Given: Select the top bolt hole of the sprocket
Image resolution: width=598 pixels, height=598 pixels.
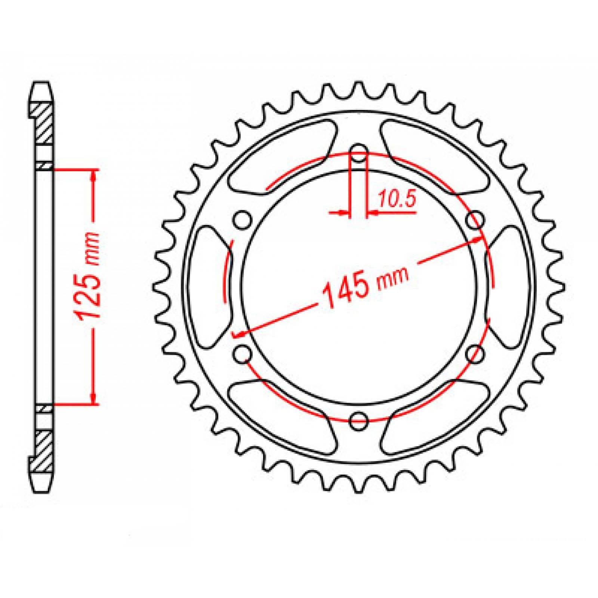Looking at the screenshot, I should (x=359, y=153).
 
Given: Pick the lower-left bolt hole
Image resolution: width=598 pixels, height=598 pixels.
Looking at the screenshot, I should (x=243, y=353).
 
